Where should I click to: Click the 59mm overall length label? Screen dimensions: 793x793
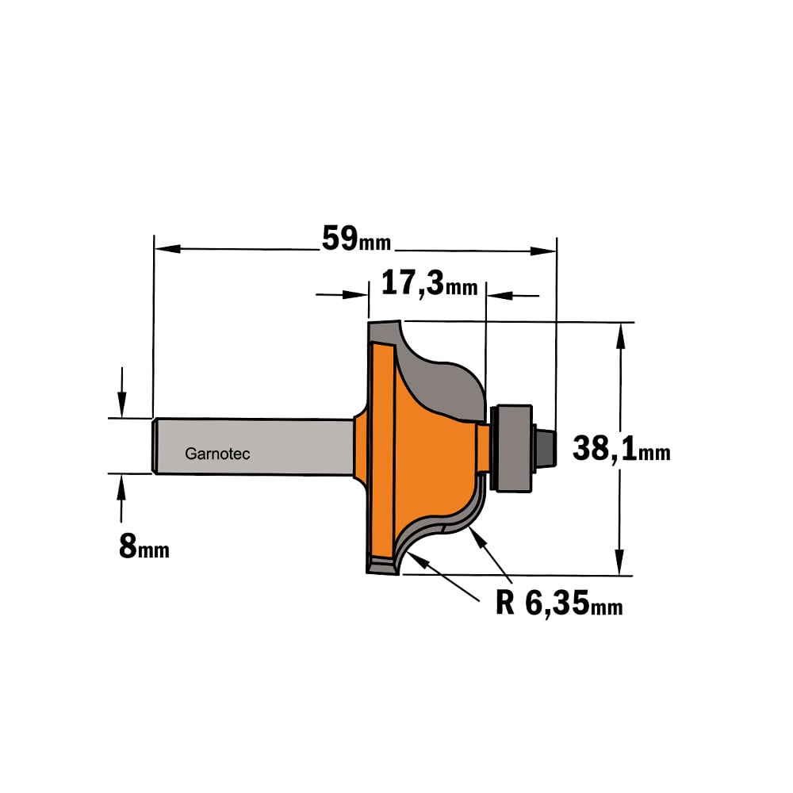point(357,239)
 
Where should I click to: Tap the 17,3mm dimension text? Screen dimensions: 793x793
point(429,283)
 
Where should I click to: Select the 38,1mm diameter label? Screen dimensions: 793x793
point(621,449)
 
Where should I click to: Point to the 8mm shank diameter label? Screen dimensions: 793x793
point(144,546)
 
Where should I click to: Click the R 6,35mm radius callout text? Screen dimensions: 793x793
point(559,603)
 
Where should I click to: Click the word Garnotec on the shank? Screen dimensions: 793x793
point(217,454)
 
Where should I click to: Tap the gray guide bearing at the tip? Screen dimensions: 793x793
point(511,448)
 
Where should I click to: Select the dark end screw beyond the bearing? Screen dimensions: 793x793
point(546,448)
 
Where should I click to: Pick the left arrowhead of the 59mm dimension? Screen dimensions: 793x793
point(167,248)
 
